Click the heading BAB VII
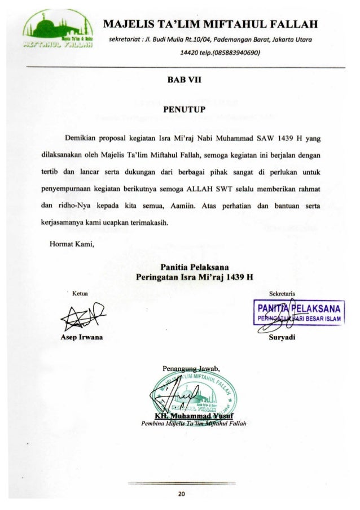[181, 81]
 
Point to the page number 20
[180, 493]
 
